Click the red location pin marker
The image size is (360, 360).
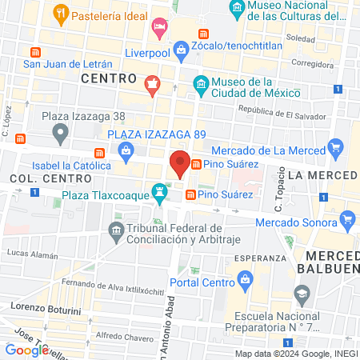point(180,163)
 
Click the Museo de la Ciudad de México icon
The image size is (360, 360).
point(202,84)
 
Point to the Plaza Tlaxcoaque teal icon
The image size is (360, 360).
point(162,192)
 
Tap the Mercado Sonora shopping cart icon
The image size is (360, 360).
point(346,218)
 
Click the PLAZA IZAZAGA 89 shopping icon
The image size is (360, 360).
point(126,150)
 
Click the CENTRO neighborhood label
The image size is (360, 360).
point(108,78)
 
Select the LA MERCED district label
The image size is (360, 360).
point(322,174)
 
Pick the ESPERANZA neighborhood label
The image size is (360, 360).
point(260,258)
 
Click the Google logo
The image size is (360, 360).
point(26,350)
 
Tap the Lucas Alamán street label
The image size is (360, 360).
point(30,252)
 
